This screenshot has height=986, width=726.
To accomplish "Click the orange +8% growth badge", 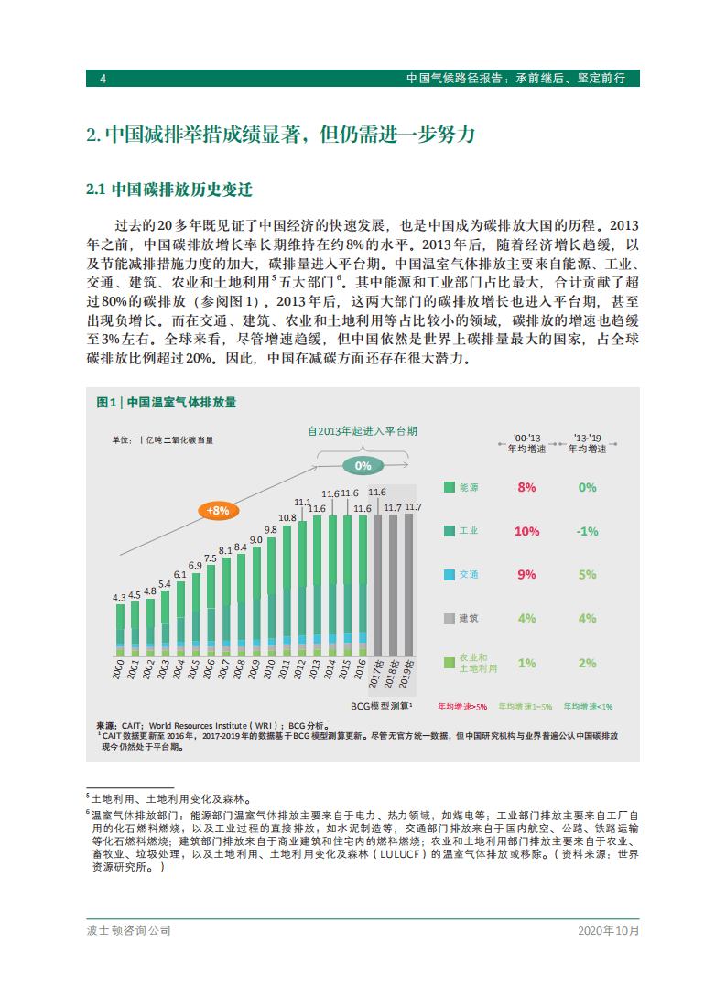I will click(x=217, y=511).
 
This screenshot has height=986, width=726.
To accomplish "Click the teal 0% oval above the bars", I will click(x=363, y=466).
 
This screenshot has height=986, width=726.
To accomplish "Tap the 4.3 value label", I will click(x=120, y=597).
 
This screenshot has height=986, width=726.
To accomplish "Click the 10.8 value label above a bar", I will click(x=287, y=517).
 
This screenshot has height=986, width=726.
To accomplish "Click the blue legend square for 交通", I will click(x=449, y=575).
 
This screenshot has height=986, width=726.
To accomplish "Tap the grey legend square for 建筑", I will click(x=449, y=619).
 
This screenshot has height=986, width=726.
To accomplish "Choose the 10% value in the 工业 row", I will click(x=526, y=531).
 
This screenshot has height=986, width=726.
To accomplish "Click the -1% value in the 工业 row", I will click(x=587, y=531).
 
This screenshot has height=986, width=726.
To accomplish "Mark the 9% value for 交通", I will click(x=526, y=575).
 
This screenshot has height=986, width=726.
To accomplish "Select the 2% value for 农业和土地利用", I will click(x=587, y=663).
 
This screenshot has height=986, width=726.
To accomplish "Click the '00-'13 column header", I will click(x=526, y=444).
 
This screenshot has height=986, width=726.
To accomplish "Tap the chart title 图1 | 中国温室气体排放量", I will click(x=166, y=402).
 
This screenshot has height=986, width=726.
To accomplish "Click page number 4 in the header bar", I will click(x=103, y=79).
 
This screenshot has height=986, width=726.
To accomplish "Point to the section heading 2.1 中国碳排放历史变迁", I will click(x=168, y=190).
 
